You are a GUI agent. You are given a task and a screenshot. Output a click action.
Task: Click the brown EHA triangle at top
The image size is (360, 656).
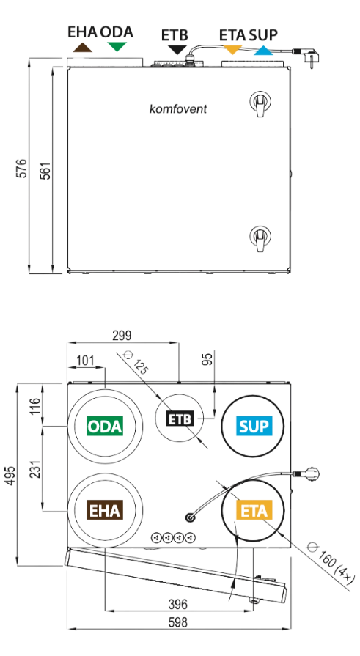82,47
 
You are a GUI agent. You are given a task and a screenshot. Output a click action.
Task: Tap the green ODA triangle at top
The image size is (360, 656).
117,46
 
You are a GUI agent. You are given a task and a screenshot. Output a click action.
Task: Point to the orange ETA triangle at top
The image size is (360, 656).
232,49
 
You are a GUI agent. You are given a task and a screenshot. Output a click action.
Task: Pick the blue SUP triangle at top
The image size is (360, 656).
263,50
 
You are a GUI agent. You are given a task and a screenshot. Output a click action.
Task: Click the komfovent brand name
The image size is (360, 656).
178,109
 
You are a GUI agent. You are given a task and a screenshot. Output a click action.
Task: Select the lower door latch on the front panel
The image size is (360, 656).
260,238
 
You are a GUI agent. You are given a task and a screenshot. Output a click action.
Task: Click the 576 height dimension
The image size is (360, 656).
22,168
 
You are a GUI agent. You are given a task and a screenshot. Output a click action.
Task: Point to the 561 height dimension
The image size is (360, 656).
45,171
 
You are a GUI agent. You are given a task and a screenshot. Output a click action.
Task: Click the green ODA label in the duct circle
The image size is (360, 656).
105,426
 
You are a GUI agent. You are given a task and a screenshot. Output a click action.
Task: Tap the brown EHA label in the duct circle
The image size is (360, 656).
105,510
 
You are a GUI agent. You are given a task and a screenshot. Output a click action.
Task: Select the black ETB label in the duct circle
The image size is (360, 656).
180,419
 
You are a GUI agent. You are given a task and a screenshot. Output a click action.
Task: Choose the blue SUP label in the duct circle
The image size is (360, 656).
254,426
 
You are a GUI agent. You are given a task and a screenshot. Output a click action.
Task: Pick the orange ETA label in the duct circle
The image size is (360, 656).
254,510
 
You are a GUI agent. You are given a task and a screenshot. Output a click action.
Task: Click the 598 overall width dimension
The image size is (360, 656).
178,622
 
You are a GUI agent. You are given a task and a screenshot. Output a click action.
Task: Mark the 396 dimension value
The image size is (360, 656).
178,604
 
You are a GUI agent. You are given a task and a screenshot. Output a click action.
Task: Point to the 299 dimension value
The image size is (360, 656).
122,335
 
